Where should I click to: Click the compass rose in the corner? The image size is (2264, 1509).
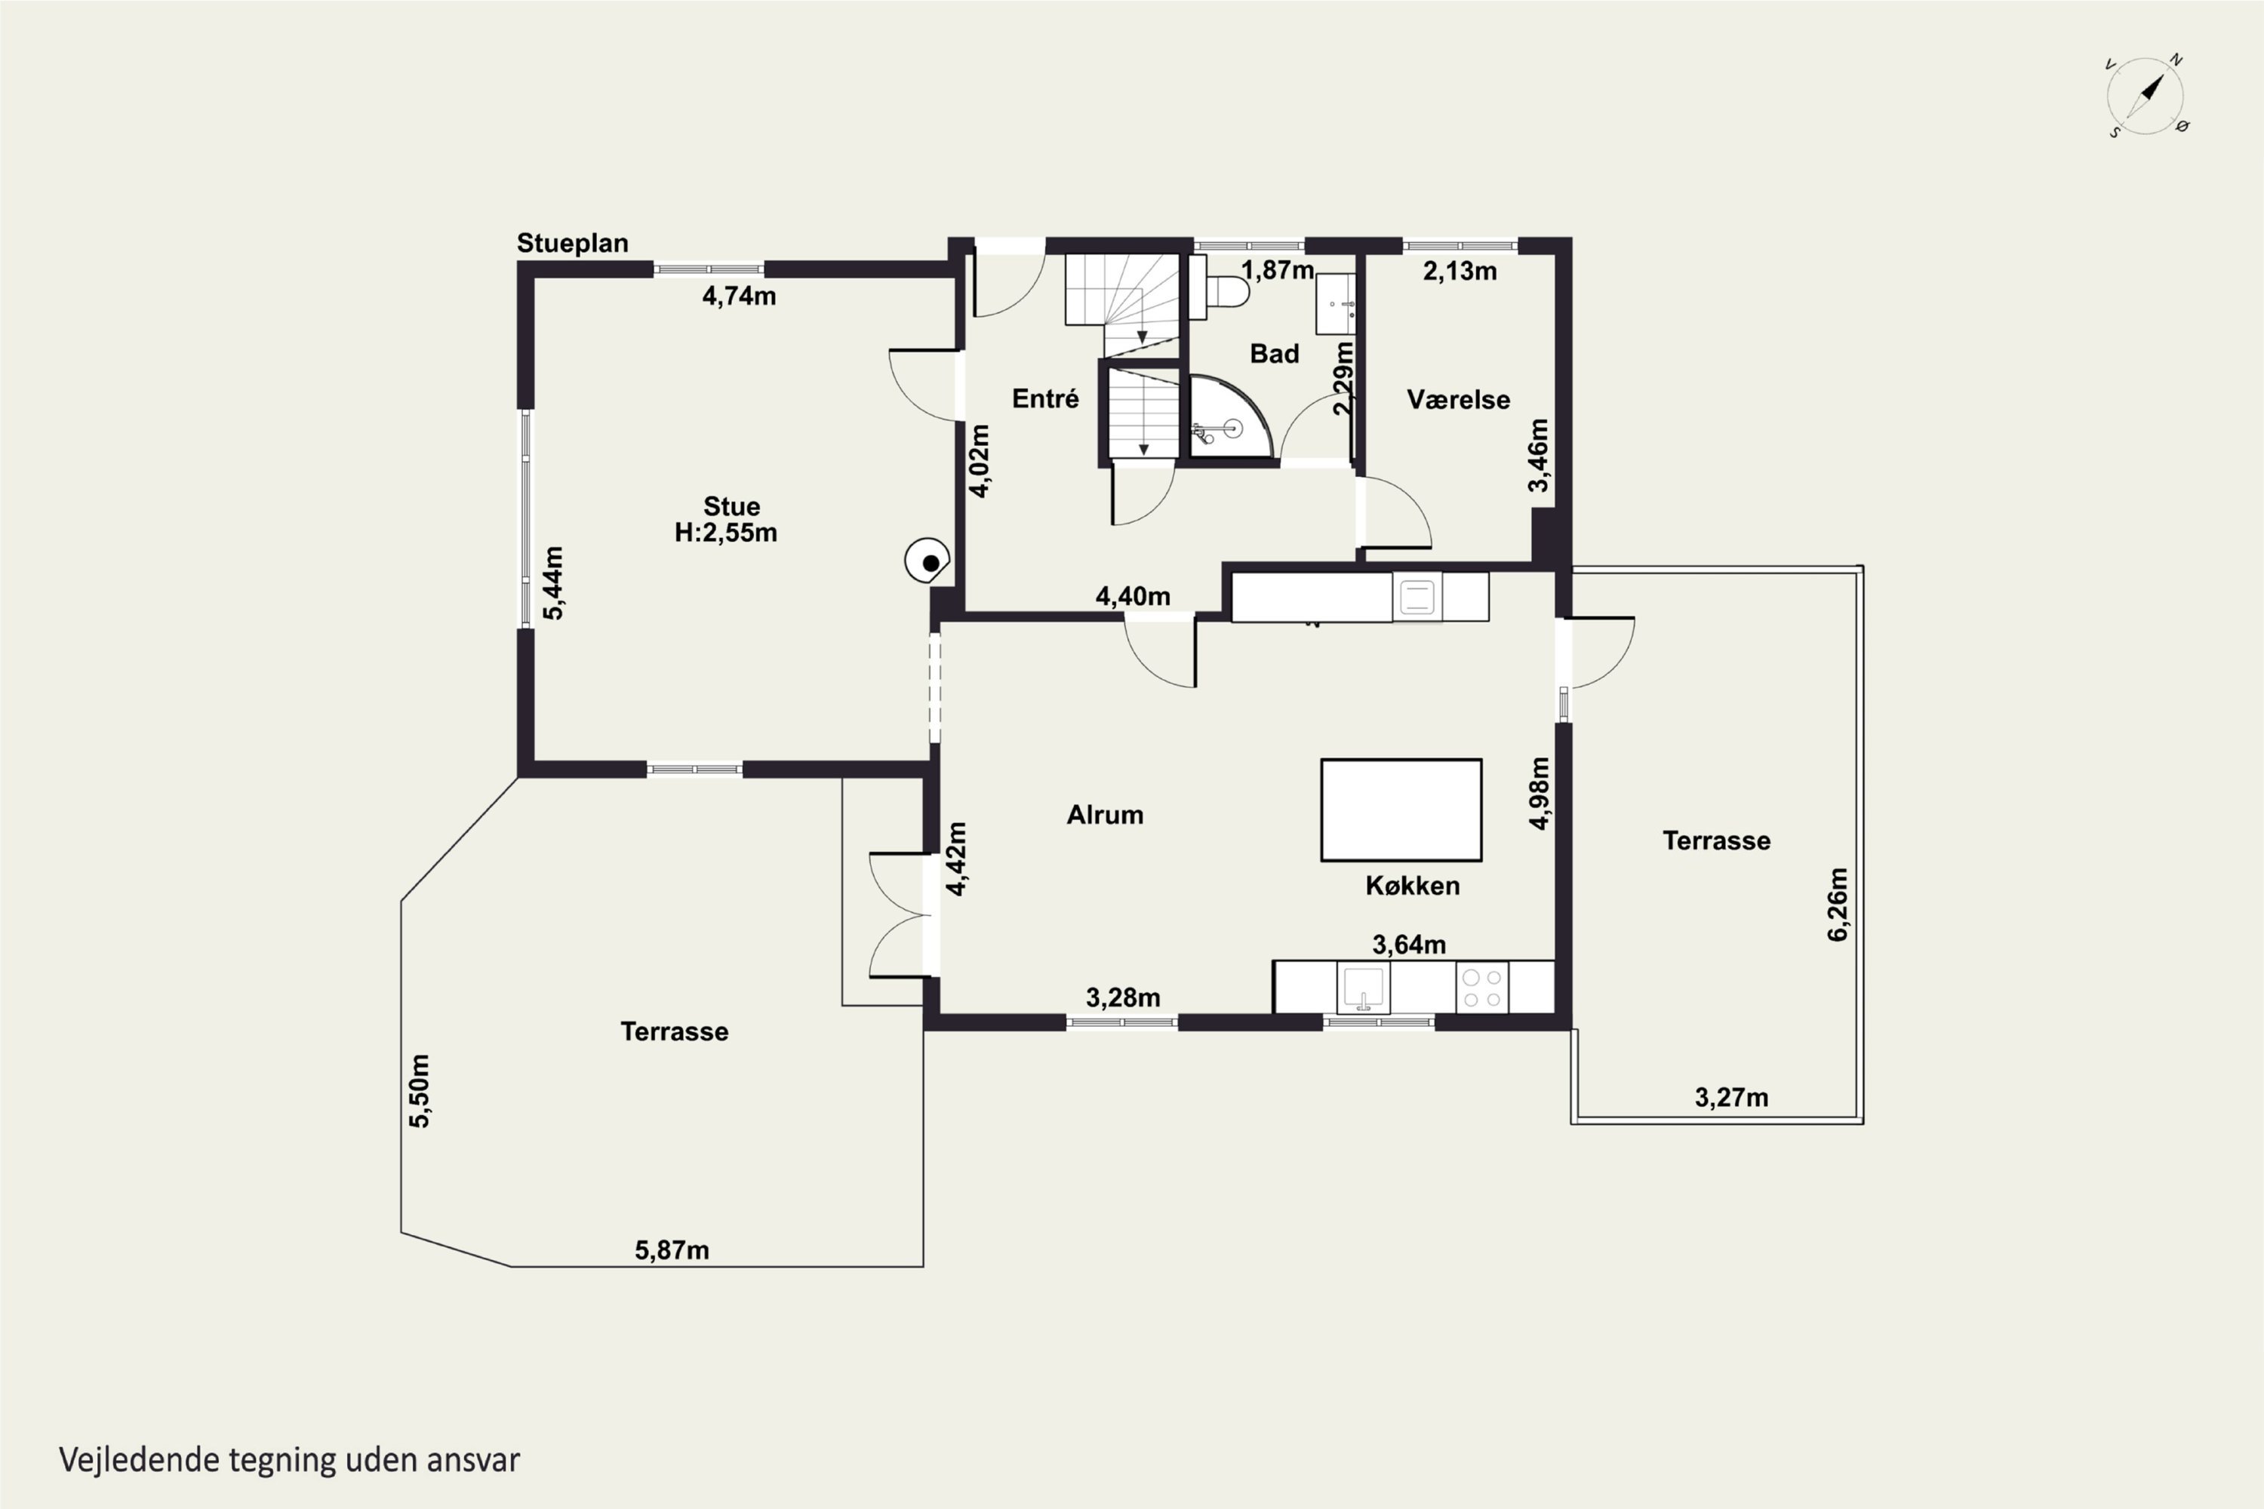2146,95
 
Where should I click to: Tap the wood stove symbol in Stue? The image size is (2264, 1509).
927,560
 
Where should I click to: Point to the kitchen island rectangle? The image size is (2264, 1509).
1401,810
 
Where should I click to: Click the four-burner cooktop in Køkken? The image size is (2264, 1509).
1482,988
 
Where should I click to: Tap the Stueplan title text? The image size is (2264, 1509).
573,244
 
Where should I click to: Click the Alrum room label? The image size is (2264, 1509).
1105,815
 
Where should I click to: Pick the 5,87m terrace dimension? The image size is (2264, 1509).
672,1250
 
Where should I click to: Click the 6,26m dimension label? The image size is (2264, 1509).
1838,905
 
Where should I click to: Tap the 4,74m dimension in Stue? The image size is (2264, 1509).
740,297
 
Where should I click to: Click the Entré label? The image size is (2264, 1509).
1045,398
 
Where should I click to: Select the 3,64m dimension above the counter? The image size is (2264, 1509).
1409,945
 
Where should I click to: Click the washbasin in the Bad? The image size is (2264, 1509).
1335,304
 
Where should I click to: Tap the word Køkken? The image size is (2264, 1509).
1412,885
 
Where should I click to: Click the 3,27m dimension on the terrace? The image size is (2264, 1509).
1732,1098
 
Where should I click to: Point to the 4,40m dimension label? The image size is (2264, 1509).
1133,597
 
